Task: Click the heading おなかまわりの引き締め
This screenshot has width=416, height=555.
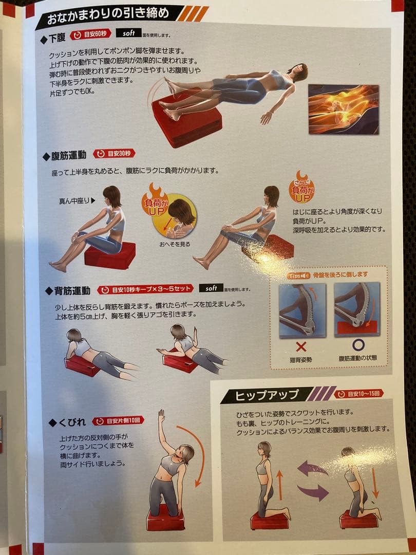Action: (x=108, y=14)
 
